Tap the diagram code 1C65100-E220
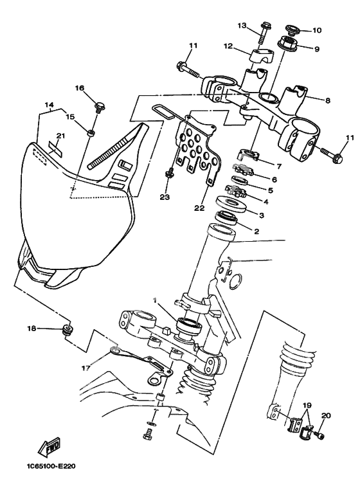[x=51, y=466]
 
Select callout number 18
[x=32, y=329]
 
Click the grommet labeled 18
[x=67, y=329]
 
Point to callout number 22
[x=200, y=208]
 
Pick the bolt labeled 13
[x=265, y=33]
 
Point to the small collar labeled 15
[x=91, y=133]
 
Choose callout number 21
[x=60, y=136]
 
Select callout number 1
[x=155, y=300]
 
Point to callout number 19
[x=307, y=406]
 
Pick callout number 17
[x=86, y=368]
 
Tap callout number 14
[x=49, y=104]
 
